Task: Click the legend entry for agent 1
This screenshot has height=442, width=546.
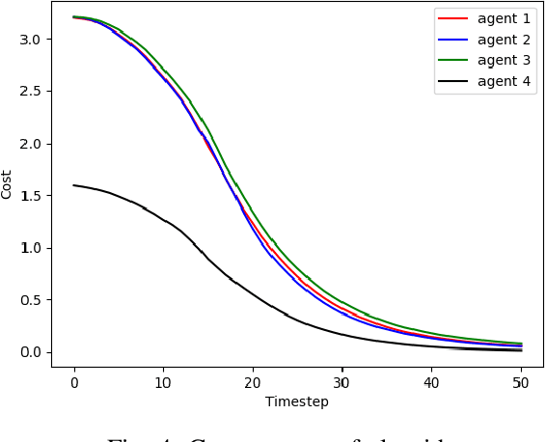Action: pos(504,18)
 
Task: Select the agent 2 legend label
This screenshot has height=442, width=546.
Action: pos(504,40)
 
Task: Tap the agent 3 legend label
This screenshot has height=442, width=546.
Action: pos(504,61)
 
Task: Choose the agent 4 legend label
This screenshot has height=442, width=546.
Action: pos(504,82)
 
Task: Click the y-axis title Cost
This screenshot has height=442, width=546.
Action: pos(8,183)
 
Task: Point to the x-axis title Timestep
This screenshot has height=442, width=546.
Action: pos(297,401)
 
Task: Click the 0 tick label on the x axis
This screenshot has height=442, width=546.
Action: pos(74,382)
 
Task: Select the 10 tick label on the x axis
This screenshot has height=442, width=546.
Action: pos(163,382)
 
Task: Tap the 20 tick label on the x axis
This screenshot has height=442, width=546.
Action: pos(253,382)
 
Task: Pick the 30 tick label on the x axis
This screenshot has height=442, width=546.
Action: pos(341,382)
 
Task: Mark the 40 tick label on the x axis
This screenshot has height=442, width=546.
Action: pos(431,382)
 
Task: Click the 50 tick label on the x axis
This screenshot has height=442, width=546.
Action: pos(521,382)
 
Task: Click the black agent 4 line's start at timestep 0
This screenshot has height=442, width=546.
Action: pos(74,185)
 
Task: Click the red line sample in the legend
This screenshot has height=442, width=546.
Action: pos(452,18)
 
